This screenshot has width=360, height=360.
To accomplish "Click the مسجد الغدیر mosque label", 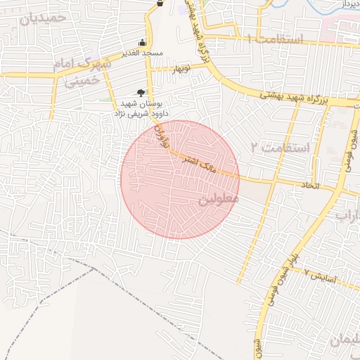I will coord(143,53).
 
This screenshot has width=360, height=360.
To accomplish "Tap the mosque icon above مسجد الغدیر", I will coord(143,42).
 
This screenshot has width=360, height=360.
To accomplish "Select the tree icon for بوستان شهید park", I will coord(141,92).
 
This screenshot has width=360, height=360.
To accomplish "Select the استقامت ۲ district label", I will coord(280,148).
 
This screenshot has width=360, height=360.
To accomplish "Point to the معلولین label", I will coord(219,200).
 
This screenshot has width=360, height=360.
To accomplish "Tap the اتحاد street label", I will coord(310,185).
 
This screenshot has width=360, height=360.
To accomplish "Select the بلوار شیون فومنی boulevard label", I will coord(277,282).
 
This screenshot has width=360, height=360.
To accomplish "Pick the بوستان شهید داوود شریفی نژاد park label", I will coord(140,108).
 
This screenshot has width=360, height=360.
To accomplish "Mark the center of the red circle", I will coord(179,179).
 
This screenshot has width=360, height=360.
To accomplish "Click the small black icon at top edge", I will coord(160,4).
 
